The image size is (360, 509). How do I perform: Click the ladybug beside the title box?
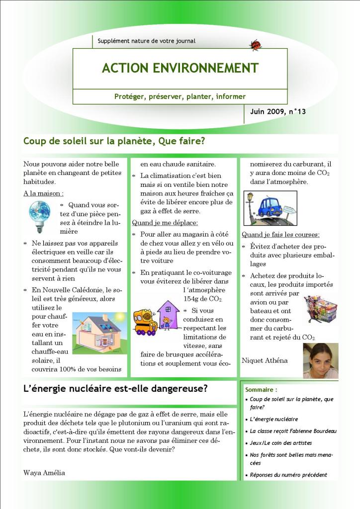tap(256, 45)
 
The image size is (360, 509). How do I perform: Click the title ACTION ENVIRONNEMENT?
tap(180, 68)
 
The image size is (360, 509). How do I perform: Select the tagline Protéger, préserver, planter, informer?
tap(180, 96)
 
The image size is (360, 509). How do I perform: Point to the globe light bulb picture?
tap(39, 216)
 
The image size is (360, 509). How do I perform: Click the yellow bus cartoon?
tap(145, 322)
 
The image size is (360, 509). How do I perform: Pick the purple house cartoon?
tap(168, 315)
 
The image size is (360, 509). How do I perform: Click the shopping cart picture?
tap(320, 309)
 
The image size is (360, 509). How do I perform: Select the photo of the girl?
tap(320, 360)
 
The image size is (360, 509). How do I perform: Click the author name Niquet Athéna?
tap(265, 360)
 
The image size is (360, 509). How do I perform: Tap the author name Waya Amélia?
tap(44, 473)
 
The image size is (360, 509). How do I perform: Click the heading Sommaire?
tap(261, 390)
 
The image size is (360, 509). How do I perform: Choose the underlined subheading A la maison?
tap(43, 193)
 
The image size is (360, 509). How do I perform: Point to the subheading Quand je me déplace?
tap(165, 223)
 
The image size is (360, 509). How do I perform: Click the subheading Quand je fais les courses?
tap(280, 235)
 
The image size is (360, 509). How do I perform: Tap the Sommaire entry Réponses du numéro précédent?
tap(288, 475)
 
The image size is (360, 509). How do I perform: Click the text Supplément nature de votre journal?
tap(147, 41)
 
